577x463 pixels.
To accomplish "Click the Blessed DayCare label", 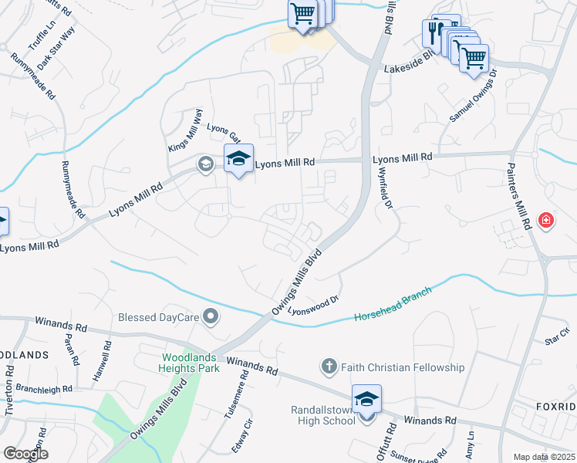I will pos(158,316).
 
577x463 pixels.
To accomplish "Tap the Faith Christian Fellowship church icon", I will pos(328,367).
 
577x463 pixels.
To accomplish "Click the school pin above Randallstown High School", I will pos(366,400).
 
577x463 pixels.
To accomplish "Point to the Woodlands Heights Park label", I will pos(191,363).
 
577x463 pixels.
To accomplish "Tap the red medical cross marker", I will pos(546,221).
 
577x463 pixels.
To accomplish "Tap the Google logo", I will pos(25,454).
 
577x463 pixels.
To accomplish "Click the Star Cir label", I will pos(556,336).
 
